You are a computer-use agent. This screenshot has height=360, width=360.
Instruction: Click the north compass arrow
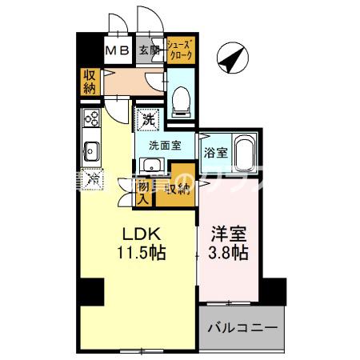233,58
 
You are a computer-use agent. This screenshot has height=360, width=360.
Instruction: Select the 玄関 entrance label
149,51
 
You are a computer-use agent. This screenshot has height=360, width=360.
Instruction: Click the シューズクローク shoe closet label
179,50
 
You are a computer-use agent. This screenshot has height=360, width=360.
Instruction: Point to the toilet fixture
181,96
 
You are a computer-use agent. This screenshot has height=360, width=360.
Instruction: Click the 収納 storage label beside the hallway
89,82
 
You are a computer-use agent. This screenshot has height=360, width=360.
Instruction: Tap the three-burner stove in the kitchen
90,120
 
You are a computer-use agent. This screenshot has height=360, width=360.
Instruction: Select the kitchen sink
90,149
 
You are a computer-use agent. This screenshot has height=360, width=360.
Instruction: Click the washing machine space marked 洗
148,120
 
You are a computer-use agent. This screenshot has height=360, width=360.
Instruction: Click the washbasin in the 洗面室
149,165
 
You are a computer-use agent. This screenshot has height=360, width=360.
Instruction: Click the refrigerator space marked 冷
93,178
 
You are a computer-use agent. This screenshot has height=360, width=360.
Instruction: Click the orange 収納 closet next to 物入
175,189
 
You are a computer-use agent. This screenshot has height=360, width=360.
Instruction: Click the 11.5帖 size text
142,254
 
